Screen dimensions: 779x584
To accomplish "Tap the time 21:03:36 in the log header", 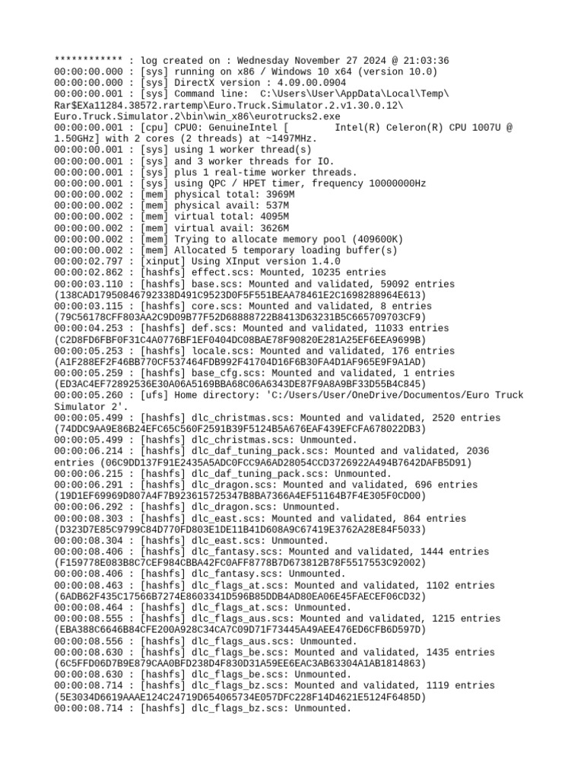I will click(x=426, y=61).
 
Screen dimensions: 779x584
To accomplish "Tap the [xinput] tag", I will click(x=163, y=262).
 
